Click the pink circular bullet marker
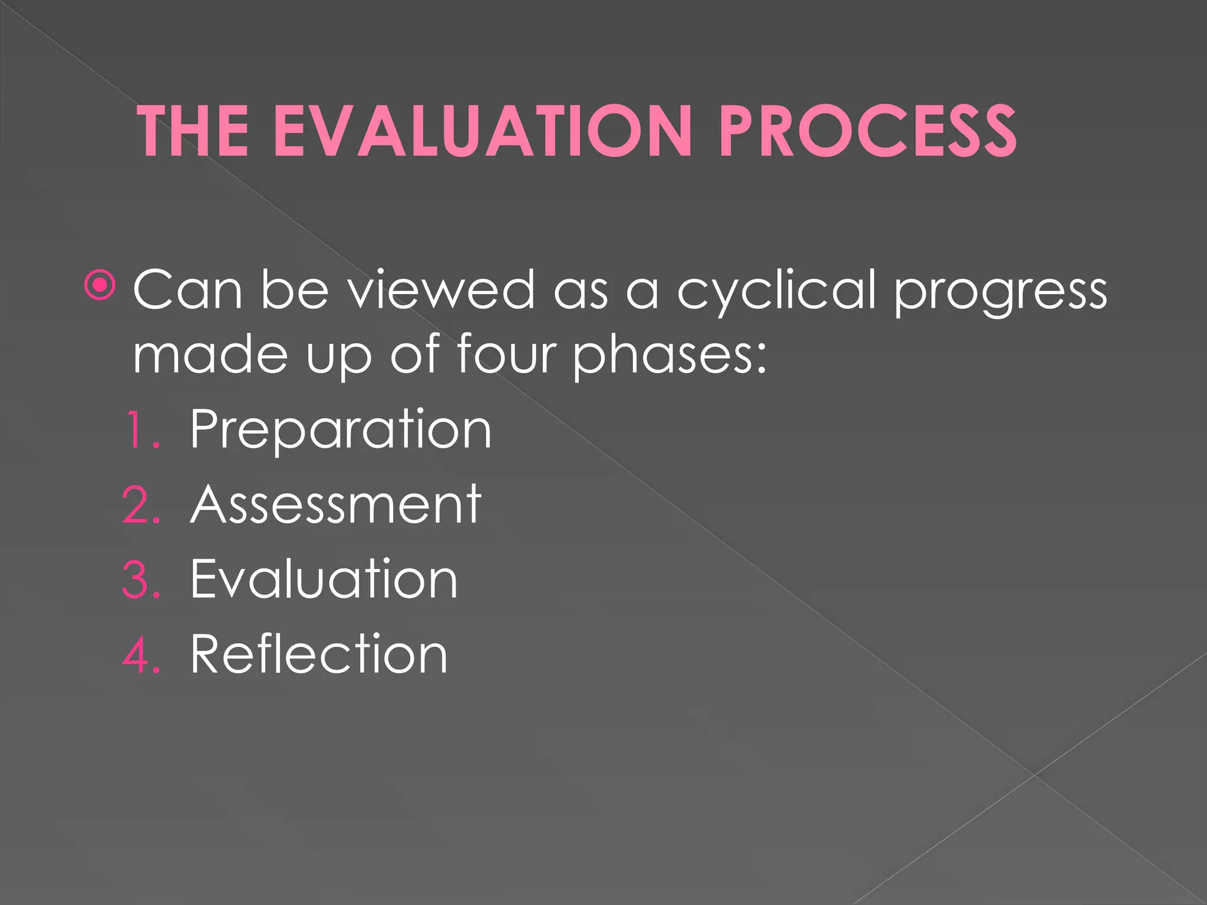[x=101, y=286]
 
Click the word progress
[x=1000, y=293]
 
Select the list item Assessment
[x=336, y=504]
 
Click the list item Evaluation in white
[x=324, y=579]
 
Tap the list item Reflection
[x=319, y=654]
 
